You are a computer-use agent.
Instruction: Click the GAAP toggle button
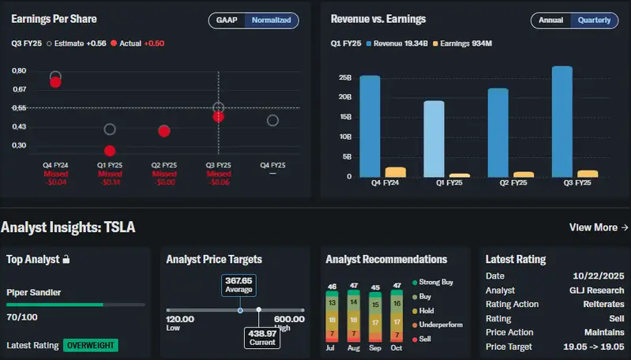[227, 20]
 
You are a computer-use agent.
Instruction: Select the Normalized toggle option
[271, 20]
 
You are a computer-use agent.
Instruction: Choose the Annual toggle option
[550, 20]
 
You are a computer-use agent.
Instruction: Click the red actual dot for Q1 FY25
[110, 151]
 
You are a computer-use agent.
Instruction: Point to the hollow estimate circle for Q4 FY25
[272, 120]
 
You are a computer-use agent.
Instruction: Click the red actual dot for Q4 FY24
[55, 81]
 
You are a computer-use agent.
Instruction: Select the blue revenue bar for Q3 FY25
[562, 122]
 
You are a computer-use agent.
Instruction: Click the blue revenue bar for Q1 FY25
[434, 138]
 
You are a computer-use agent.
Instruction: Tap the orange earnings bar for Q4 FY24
[396, 171]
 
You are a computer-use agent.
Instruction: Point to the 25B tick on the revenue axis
[344, 78]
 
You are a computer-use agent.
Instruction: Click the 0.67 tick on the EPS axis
[19, 89]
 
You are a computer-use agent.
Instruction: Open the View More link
[599, 227]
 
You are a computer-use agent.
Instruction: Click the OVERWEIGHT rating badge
[92, 345]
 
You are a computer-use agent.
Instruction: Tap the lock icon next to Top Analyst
[66, 259]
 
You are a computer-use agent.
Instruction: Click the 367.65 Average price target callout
[238, 285]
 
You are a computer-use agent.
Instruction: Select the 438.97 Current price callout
[261, 336]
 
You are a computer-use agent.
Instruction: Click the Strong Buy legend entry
[435, 282]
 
